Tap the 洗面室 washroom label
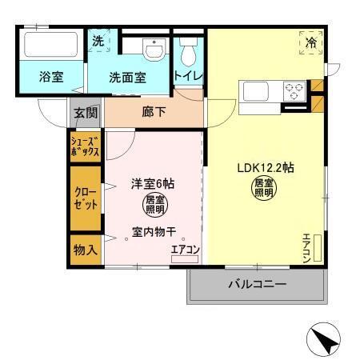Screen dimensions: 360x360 click(x=127, y=78)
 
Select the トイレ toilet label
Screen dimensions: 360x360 click(x=189, y=77)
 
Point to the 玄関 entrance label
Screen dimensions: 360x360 click(x=86, y=113)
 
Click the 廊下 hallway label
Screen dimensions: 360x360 click(x=154, y=112)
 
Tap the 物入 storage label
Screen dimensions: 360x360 click(x=86, y=249)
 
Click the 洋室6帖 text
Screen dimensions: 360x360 click(x=153, y=183)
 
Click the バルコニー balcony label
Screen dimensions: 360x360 click(x=257, y=284)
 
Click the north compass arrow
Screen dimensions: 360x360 click(x=325, y=342)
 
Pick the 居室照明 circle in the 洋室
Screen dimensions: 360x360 click(x=155, y=205)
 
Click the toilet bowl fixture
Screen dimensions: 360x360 click(x=188, y=53)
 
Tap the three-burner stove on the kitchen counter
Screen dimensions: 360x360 click(x=294, y=90)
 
